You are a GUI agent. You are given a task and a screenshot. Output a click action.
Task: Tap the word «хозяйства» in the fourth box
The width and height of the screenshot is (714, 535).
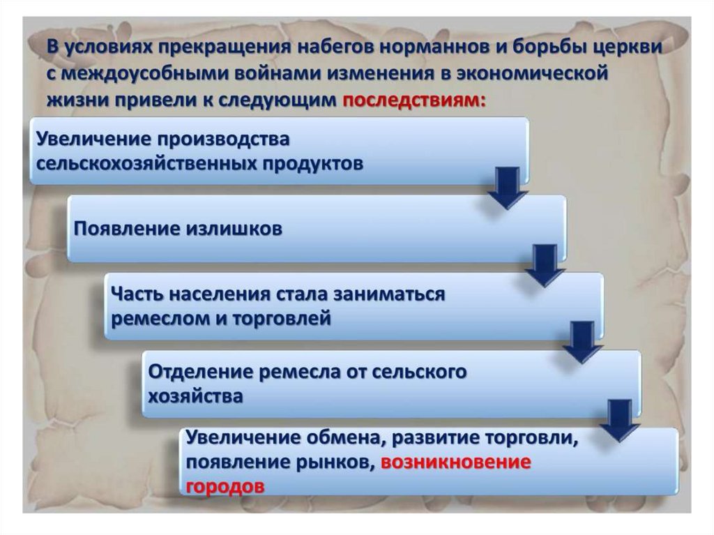tap(196, 396)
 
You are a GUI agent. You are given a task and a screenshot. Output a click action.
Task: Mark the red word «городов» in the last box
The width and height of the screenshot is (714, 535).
tap(225, 487)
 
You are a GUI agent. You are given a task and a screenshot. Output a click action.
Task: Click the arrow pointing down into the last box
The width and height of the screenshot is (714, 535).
tap(619, 420)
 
